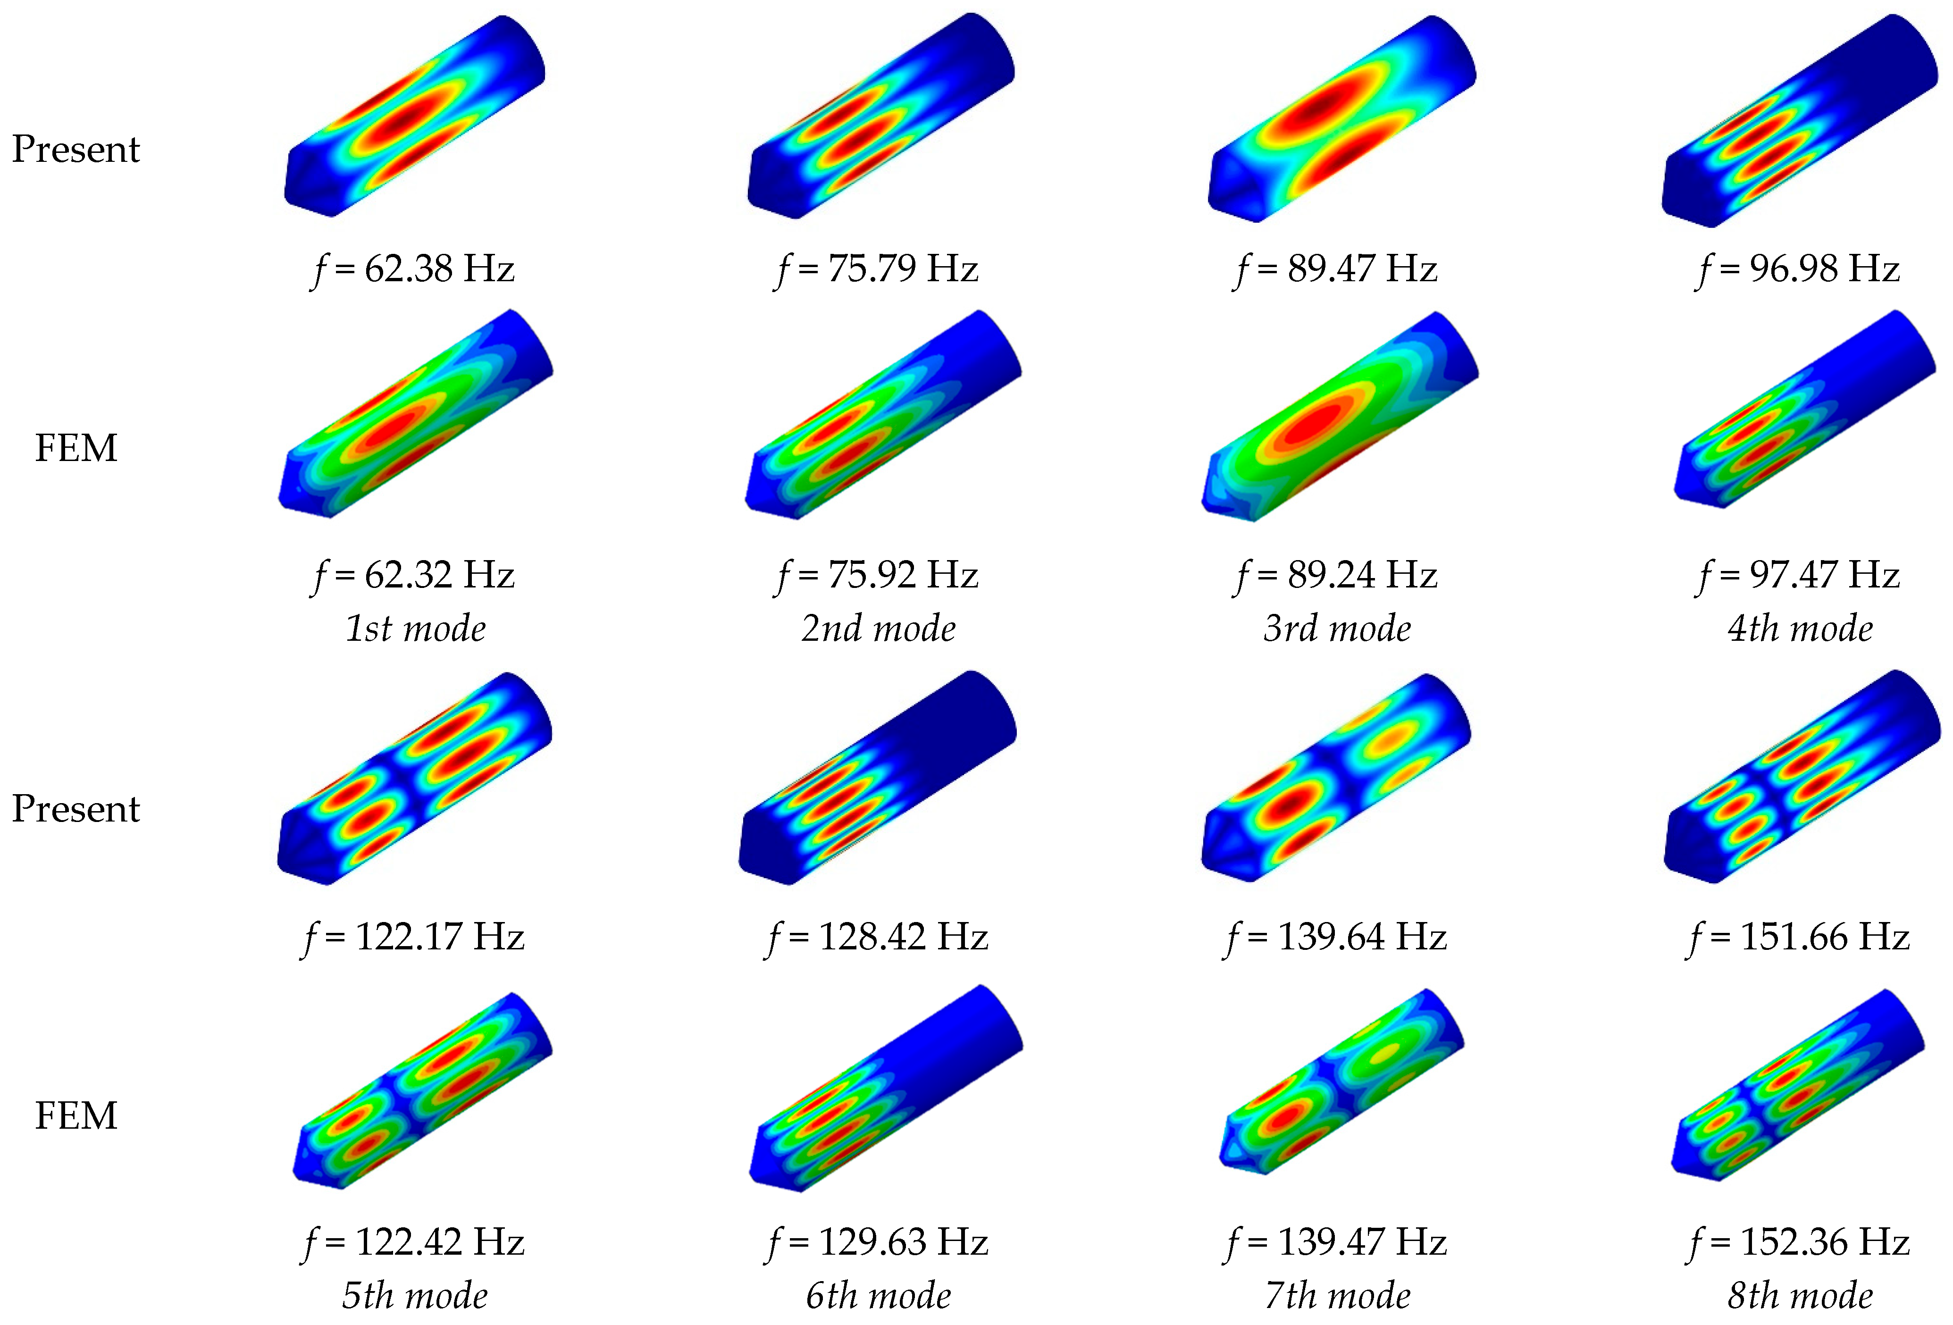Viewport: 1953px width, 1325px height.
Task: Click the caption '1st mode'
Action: [416, 629]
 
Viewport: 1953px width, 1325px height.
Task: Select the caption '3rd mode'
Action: [1337, 629]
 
